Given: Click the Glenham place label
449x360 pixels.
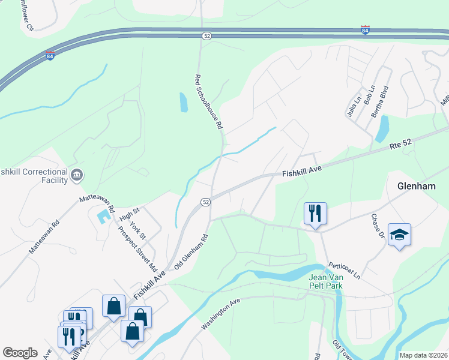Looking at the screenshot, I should tap(416, 187).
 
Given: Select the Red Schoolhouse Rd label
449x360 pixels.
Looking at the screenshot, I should tap(208, 102).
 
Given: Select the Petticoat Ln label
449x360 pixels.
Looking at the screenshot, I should tap(344, 270).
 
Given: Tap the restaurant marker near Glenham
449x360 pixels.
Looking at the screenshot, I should tap(315, 213).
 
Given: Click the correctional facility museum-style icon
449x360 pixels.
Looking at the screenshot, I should tap(77, 175).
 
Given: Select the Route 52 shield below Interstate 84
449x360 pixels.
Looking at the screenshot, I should tap(206, 37).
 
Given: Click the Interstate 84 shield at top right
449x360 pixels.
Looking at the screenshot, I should tap(365, 29).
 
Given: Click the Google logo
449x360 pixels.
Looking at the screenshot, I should tap(20, 353).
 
